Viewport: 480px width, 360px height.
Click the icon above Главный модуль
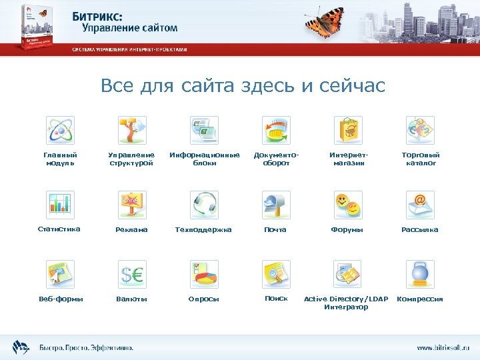pos(60,130)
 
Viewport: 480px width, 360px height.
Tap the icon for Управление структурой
pos(132,130)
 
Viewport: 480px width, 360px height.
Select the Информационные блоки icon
pos(204,130)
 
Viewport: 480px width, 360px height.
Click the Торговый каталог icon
pos(420,130)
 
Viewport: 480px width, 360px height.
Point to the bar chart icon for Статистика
pos(60,205)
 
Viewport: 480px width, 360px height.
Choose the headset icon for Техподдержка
pos(204,205)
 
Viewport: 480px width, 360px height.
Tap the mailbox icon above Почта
pos(275,205)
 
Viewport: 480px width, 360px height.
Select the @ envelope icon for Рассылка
pos(420,205)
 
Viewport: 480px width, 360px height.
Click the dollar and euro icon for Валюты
pos(132,274)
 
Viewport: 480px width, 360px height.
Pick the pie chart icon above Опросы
pos(204,274)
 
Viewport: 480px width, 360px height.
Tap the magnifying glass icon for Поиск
pos(275,274)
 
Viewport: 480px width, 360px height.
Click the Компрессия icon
pos(420,274)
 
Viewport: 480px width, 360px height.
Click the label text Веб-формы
pos(61,299)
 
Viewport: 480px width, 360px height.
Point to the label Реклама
pos(131,229)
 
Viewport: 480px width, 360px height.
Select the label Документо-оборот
pos(276,159)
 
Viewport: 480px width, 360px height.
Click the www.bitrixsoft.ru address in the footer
pos(443,347)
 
